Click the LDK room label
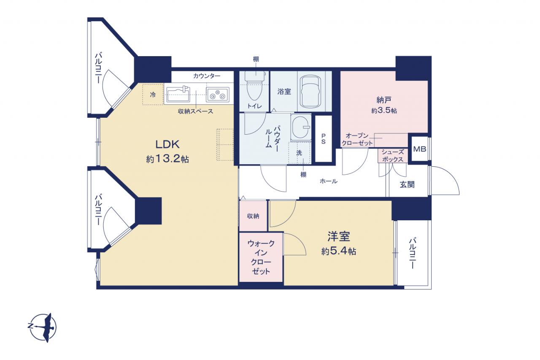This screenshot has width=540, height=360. tap(167, 144)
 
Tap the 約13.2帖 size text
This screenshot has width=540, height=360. tap(167, 159)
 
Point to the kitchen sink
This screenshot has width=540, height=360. tap(178, 94)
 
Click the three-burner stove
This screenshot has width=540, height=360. tap(218, 95)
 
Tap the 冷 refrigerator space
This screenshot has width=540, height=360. tap(153, 95)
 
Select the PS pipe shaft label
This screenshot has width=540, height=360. tap(323, 139)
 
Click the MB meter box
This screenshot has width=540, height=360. tap(420, 149)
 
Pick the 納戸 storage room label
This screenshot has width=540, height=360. tap(384, 100)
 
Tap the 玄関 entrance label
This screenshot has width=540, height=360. tap(407, 185)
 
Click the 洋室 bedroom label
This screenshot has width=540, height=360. tap(339, 236)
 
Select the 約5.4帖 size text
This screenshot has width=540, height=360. tap(339, 252)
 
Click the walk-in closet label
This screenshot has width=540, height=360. tap(261, 257)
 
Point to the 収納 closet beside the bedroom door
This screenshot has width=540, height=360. tap(253, 216)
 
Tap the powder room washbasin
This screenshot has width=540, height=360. tap(301, 127)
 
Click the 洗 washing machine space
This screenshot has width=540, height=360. tap(299, 153)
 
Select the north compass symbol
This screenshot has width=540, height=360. tap(43, 328)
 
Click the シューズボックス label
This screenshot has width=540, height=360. tap(393, 156)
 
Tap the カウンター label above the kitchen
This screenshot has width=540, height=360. tap(207, 76)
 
